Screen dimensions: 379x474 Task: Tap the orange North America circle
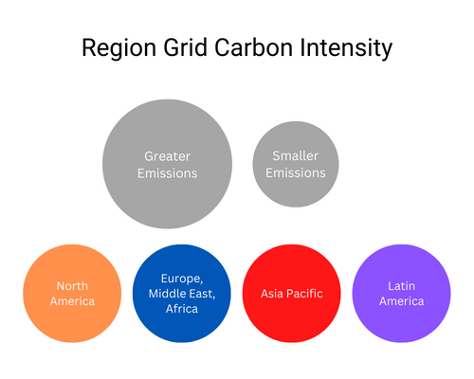point(72,294)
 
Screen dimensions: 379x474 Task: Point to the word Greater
point(167,155)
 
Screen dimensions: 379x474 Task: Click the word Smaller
point(295,155)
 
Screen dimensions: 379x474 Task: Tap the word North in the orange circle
point(72,285)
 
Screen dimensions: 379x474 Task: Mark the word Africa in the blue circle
point(181,309)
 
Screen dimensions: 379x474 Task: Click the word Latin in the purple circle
point(401,285)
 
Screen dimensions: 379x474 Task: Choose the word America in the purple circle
point(401,301)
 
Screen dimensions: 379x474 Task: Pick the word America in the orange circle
point(72,301)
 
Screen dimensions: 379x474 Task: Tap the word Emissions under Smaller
point(295,172)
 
